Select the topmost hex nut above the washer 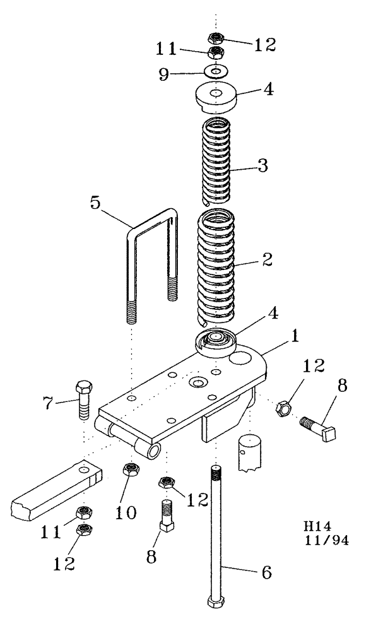click(x=216, y=37)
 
